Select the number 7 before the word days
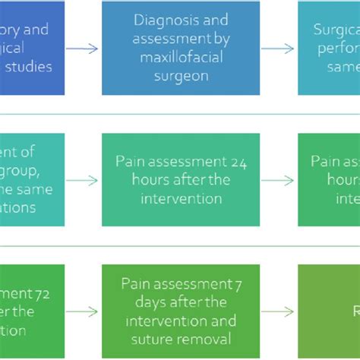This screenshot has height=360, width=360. [x=230, y=284]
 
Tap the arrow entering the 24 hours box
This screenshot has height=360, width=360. [x=87, y=180]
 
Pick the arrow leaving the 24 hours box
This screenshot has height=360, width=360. [x=283, y=180]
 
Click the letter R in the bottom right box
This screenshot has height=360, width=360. [x=354, y=311]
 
